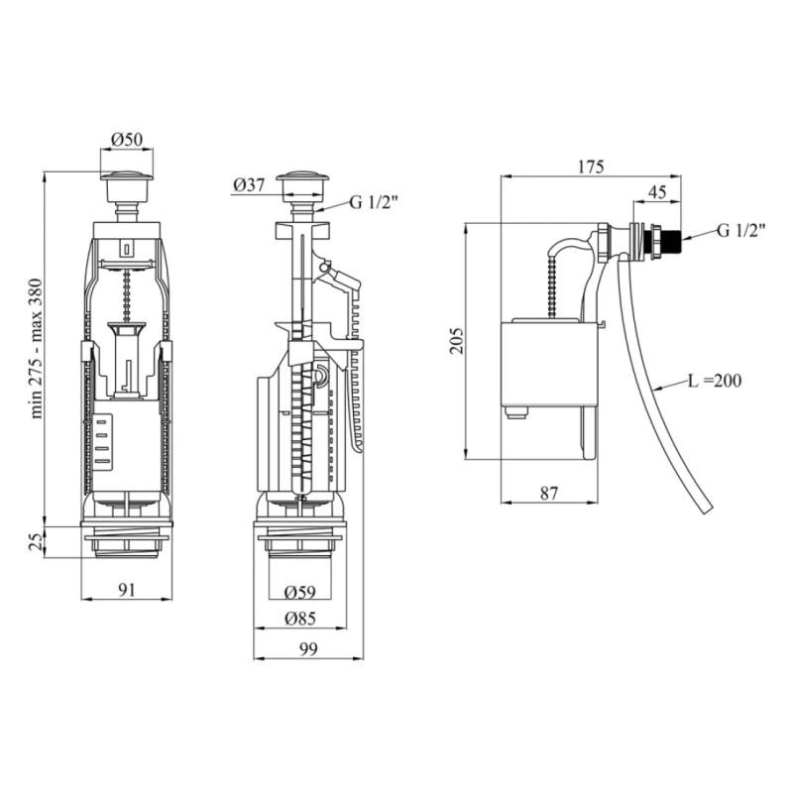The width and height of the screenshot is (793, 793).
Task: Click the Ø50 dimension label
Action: [x=127, y=139]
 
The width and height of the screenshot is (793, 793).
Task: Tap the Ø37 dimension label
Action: [x=250, y=185]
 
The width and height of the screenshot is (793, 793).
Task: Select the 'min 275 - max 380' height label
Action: [x=37, y=348]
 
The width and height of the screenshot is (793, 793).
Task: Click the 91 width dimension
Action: [x=127, y=590]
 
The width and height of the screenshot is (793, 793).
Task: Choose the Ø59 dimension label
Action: [x=300, y=592]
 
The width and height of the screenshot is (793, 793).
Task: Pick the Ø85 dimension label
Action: [x=300, y=618]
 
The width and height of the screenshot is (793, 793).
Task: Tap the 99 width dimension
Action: [x=308, y=649]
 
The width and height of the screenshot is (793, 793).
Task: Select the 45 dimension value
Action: [x=657, y=192]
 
